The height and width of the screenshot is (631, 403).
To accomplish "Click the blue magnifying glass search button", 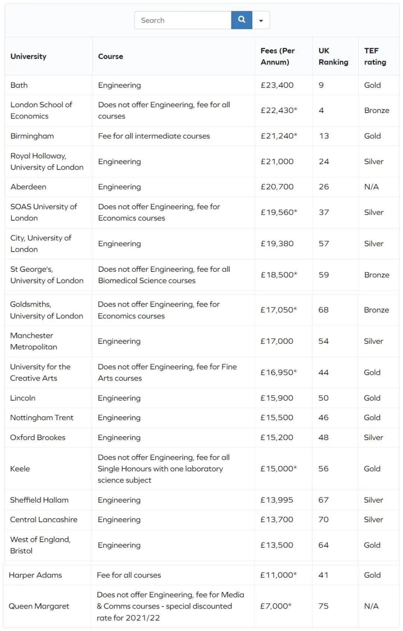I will [241, 20].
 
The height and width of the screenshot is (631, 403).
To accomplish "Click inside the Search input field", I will [183, 20].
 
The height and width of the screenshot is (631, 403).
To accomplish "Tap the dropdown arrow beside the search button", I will [261, 21].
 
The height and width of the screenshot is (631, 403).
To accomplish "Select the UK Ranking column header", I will [333, 56].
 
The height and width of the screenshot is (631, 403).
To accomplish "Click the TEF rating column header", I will [375, 56].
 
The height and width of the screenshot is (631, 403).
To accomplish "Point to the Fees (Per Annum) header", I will [278, 56].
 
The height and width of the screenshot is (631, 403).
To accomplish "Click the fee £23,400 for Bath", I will [277, 85].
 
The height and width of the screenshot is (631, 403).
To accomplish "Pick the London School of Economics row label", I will [41, 110].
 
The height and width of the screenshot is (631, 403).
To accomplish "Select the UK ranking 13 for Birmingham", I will [324, 136].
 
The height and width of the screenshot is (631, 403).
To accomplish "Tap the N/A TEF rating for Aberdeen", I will [371, 187].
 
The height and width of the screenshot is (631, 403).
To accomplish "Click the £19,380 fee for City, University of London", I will [277, 244].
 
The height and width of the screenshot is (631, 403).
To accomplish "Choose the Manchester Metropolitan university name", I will [34, 341].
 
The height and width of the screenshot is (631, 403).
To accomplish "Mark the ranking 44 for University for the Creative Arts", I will [324, 373].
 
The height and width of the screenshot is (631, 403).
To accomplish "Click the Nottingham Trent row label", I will [42, 418].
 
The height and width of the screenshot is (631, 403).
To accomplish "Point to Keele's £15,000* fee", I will [279, 469].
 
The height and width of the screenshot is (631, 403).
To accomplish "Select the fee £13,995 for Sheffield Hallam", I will [277, 500].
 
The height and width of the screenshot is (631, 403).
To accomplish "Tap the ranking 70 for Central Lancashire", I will [324, 520].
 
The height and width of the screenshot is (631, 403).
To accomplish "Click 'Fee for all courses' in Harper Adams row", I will [129, 575].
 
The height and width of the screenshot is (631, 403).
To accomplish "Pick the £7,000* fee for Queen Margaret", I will [276, 606].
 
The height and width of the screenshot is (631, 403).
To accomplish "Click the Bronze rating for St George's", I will [377, 275].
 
